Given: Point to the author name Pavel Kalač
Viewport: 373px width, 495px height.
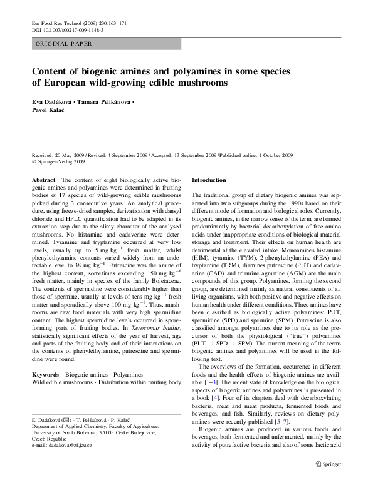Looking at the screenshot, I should tap(53, 110).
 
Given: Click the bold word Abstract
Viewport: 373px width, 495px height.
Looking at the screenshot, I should tap(43, 180).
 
